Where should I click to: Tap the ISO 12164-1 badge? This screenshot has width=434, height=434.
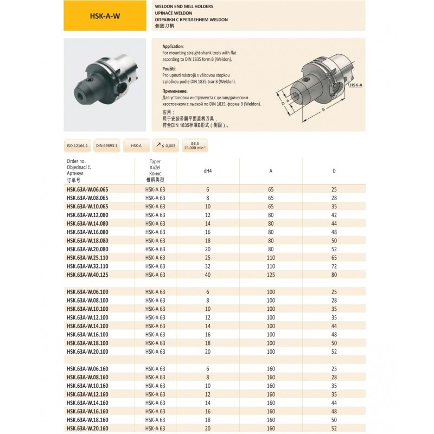[76, 145]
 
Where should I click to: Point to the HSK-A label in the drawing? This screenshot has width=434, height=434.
[356, 85]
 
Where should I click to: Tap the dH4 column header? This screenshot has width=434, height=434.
[207, 171]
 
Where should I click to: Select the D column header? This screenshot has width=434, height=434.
[334, 171]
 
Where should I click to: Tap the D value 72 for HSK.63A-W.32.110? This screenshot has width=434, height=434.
[334, 266]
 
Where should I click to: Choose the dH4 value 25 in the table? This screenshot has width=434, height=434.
[207, 257]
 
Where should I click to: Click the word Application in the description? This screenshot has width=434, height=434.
[174, 47]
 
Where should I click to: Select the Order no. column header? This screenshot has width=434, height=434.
[76, 161]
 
